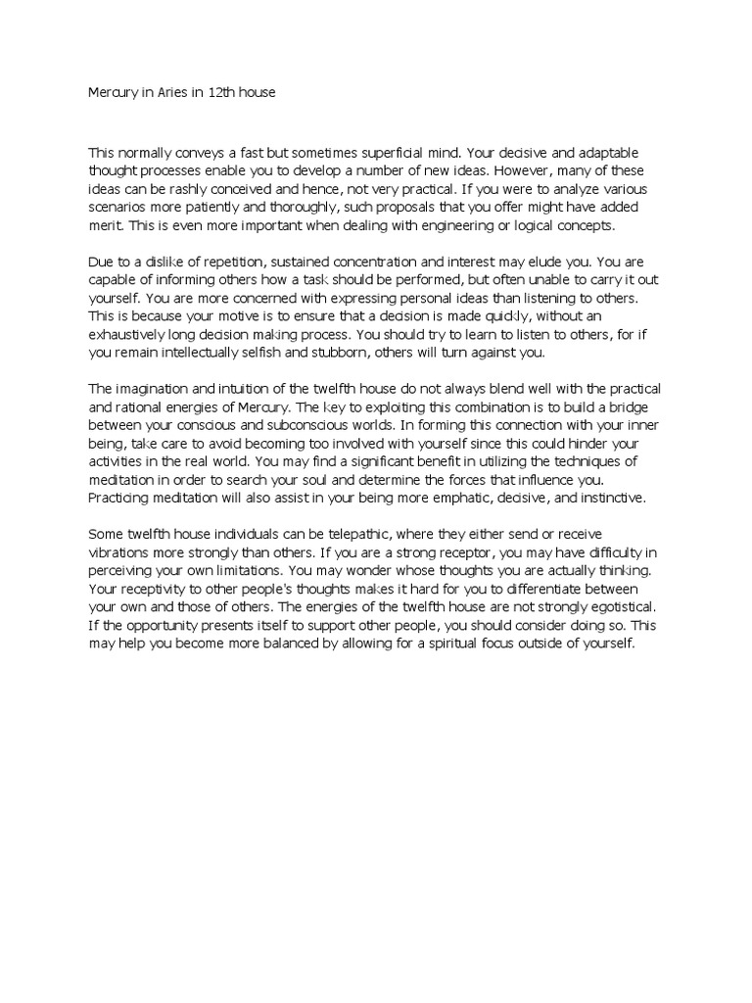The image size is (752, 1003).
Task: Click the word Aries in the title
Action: [167, 94]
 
